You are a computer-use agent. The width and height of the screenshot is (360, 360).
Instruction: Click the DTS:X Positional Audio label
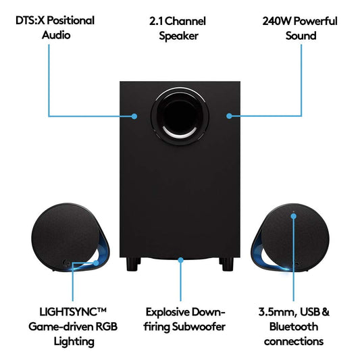tap(55, 28)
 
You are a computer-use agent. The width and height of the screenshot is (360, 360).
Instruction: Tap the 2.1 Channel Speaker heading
tap(178, 28)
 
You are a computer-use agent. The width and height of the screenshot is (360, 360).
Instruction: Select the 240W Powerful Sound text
tap(300, 28)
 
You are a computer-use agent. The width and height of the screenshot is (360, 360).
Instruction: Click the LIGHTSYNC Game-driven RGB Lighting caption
tap(63, 326)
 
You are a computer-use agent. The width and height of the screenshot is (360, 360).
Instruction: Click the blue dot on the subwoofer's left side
tap(134, 116)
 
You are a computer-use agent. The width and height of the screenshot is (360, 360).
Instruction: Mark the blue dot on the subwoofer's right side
tap(229, 116)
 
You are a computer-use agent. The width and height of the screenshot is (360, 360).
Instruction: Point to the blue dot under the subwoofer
tap(180, 257)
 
